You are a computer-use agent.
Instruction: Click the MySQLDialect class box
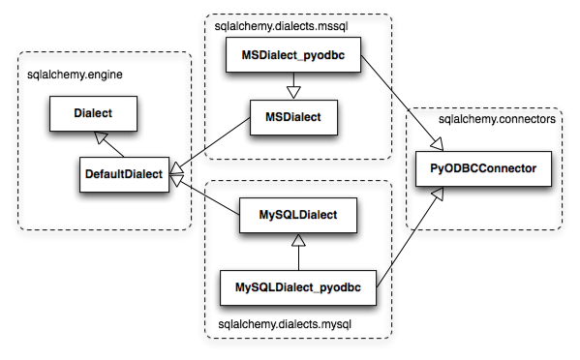pyautogui.click(x=299, y=215)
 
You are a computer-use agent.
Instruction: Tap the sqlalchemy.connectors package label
pyautogui.click(x=497, y=120)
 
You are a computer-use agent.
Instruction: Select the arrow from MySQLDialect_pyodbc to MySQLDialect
pyautogui.click(x=300, y=251)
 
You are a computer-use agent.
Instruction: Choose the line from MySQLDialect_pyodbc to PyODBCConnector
pyautogui.click(x=407, y=237)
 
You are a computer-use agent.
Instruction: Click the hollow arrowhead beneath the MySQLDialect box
pyautogui.click(x=300, y=239)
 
